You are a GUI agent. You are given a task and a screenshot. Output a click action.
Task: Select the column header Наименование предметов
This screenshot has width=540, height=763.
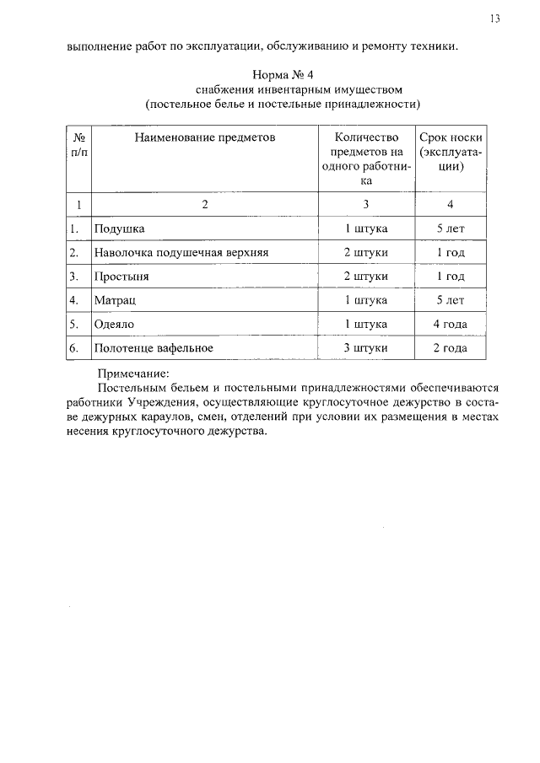pyautogui.click(x=204, y=136)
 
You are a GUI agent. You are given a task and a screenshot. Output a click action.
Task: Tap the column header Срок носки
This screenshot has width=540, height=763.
pyautogui.click(x=451, y=136)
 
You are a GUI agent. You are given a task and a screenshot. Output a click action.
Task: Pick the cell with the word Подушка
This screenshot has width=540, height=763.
pyautogui.click(x=119, y=228)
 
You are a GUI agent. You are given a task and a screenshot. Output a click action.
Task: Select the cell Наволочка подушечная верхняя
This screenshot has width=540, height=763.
pyautogui.click(x=181, y=252)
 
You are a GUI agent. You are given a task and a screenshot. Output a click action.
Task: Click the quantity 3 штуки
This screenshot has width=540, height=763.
pyautogui.click(x=366, y=347)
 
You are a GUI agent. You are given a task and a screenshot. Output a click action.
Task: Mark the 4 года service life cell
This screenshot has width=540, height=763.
pyautogui.click(x=451, y=323)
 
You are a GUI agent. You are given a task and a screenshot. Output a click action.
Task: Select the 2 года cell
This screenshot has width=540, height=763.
pyautogui.click(x=451, y=347)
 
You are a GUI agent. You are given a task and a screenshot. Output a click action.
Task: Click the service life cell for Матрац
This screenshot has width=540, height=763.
pyautogui.click(x=451, y=299)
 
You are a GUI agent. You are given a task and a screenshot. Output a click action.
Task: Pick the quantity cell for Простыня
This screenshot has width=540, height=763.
pyautogui.click(x=366, y=276)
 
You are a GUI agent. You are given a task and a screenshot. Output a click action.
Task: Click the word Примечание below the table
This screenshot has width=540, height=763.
pyautogui.click(x=134, y=372)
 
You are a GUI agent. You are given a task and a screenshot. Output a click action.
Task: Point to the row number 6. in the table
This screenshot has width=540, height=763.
pyautogui.click(x=74, y=347)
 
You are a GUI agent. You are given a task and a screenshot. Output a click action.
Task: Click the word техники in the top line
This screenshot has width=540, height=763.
pyautogui.click(x=436, y=46)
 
